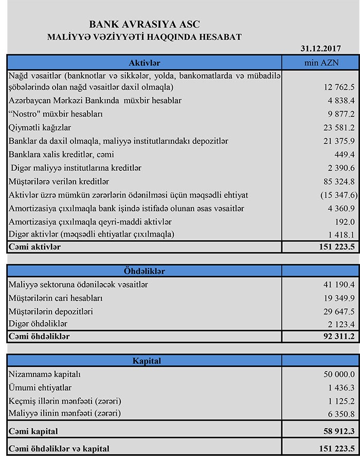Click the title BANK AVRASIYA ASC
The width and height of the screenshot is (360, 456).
click(145, 24)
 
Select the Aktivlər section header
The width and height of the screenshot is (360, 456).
click(145, 62)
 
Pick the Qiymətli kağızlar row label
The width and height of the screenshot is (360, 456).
click(40, 127)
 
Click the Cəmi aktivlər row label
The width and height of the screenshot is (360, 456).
click(34, 247)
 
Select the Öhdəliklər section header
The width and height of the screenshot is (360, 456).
click(145, 271)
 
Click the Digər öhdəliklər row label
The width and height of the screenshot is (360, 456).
click(38, 324)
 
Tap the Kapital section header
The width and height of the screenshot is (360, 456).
click(145, 361)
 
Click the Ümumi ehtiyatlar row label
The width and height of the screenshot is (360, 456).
click(40, 388)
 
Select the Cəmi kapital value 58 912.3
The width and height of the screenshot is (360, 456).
click(337, 431)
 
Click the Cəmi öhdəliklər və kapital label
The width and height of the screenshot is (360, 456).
click(59, 448)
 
